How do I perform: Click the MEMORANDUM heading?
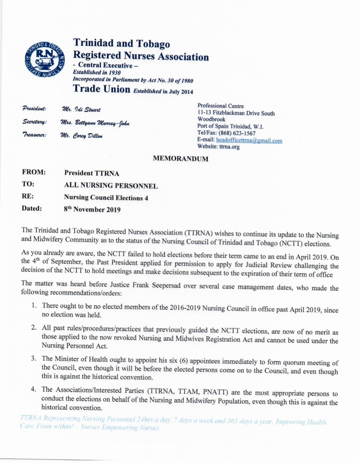(x=180, y=159)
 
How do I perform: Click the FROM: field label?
(x=34, y=172)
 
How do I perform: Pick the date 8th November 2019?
(x=92, y=209)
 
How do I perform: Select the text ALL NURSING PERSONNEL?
(x=111, y=186)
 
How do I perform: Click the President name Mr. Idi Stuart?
(x=81, y=110)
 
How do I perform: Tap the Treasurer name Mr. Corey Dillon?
(x=82, y=136)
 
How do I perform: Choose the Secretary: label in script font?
(x=34, y=122)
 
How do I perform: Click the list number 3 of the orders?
(x=34, y=358)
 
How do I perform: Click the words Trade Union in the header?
(x=102, y=89)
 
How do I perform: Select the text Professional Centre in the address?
(x=220, y=106)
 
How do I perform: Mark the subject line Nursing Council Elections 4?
(x=106, y=198)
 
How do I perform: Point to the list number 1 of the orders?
(x=34, y=305)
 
